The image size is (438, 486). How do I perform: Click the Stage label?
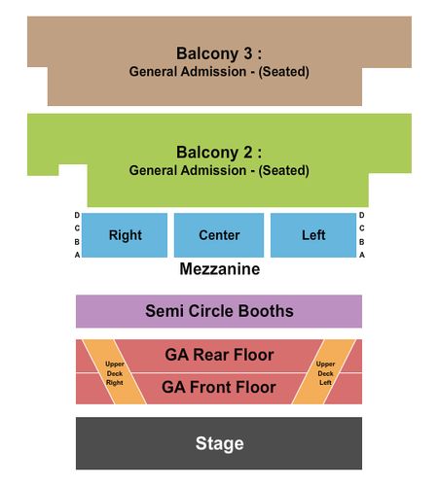coord(219,443)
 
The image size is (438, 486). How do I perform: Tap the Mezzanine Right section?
coord(125,235)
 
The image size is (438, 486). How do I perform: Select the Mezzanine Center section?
coord(219,235)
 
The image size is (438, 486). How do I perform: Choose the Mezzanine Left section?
coord(313,235)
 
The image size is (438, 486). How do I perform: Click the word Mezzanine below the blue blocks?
coord(220,269)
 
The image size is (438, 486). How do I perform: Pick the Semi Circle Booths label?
coord(219,311)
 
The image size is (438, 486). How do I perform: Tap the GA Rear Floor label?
coord(219,355)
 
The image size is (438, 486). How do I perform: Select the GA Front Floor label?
coord(219,387)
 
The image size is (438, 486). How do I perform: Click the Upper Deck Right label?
coord(115,373)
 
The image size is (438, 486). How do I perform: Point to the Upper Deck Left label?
coord(325,373)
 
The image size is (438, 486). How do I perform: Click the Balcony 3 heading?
coord(219,53)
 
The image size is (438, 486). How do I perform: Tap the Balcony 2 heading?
coord(219,153)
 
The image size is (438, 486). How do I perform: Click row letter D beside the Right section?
coord(77,215)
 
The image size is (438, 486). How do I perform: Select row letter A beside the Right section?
coord(77,255)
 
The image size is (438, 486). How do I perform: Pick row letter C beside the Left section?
coord(362,228)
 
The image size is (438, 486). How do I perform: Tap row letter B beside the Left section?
coord(362,242)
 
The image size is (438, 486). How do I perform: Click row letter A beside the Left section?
coord(362,255)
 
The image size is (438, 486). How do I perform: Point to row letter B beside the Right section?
coord(77,242)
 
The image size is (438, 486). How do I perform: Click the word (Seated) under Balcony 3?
coord(283,72)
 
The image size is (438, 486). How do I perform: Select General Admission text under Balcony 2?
coord(188,170)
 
